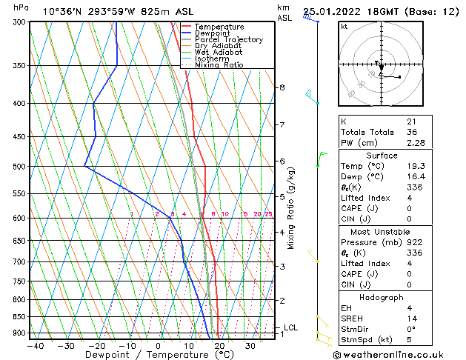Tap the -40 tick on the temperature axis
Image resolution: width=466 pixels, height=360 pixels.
point(35,346)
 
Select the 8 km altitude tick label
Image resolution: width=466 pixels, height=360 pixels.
point(282,87)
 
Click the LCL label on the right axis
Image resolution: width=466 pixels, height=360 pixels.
point(291,327)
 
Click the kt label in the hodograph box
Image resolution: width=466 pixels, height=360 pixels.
point(344,27)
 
